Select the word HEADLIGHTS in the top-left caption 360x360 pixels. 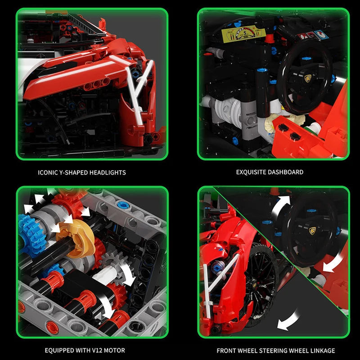click(x=108, y=172)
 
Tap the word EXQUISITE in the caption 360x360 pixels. click(x=252, y=172)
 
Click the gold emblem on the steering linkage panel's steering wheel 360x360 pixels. click(x=312, y=231)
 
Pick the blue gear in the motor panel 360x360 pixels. click(x=28, y=230)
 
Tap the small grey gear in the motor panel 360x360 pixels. click(x=110, y=261)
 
